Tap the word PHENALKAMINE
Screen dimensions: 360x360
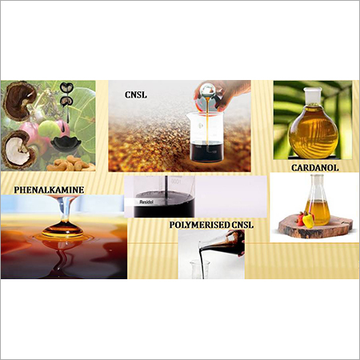tap(47, 190)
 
